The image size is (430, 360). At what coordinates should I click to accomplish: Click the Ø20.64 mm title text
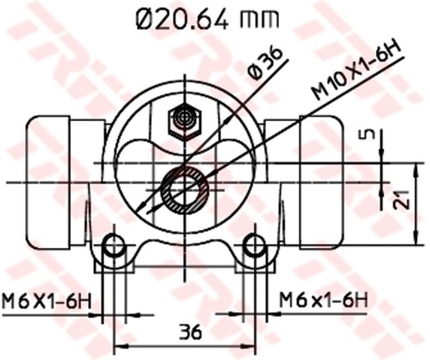pyautogui.click(x=207, y=19)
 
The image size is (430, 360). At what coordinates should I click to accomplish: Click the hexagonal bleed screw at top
pyautogui.click(x=184, y=122)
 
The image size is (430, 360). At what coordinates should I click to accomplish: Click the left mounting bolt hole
pyautogui.click(x=113, y=246)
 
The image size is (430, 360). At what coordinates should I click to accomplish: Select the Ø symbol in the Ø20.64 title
pyautogui.click(x=145, y=19)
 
